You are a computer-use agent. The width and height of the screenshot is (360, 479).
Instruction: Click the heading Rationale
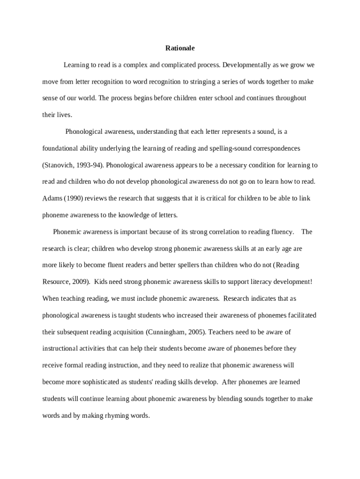click(180, 48)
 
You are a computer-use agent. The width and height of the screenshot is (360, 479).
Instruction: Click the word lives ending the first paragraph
click(64, 115)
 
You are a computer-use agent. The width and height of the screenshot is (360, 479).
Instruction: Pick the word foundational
click(61, 148)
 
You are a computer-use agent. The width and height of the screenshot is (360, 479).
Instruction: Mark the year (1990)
click(72, 198)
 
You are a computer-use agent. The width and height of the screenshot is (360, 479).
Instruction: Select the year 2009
click(79, 282)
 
